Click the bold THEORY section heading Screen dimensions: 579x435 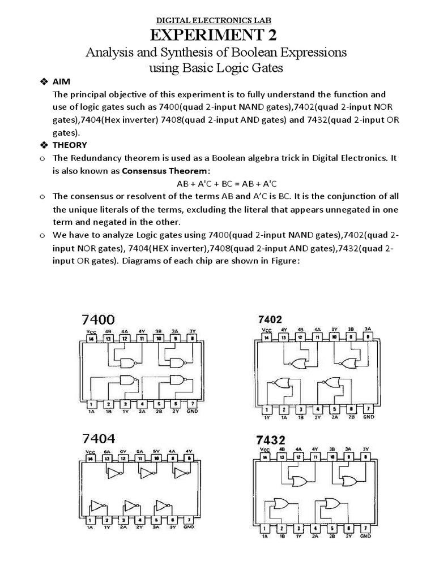point(70,145)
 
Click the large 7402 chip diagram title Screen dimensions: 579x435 point(271,319)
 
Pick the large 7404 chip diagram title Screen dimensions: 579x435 point(100,439)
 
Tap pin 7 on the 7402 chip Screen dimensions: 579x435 point(368,408)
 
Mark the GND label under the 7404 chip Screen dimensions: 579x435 point(189,526)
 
